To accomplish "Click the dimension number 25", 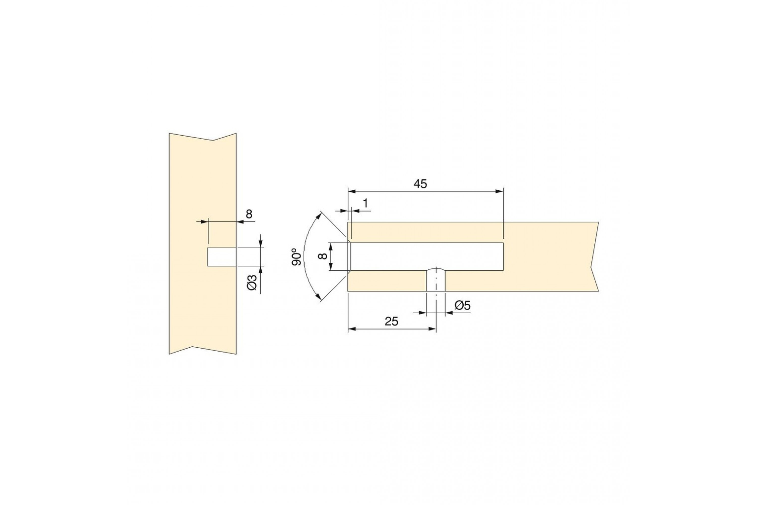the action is (391, 321).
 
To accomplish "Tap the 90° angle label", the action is (297, 257).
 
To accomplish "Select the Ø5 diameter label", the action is (463, 306).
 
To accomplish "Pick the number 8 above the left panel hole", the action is (249, 214).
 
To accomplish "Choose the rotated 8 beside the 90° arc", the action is (322, 256).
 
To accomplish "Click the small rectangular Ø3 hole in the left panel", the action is (222, 257).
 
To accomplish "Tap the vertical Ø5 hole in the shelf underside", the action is (436, 280).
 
